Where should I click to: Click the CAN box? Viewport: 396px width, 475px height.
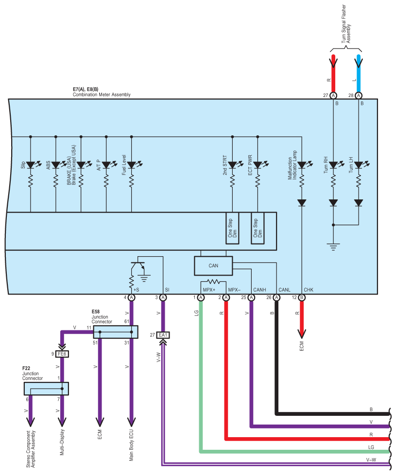(213, 266)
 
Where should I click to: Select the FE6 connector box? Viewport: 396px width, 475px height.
(62, 354)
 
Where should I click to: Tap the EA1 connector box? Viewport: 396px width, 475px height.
(163, 335)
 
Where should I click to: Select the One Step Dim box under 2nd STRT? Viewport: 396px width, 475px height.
(232, 228)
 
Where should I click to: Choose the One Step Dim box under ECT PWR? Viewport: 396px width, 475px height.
(258, 228)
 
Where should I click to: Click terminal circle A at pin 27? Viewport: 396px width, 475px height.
(333, 96)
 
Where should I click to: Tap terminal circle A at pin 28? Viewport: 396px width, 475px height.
(359, 96)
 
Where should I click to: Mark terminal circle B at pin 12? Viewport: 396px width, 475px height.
(302, 297)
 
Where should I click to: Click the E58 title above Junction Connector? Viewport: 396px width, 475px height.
(96, 311)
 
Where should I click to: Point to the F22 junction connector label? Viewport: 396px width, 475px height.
(26, 368)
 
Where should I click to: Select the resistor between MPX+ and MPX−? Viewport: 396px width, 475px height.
(213, 281)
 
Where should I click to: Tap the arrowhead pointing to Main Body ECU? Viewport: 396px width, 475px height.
(131, 422)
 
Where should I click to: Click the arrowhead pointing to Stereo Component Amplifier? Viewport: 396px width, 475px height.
(31, 422)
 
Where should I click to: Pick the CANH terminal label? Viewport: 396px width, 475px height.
(260, 290)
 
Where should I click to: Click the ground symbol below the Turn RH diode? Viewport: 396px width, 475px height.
(333, 246)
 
